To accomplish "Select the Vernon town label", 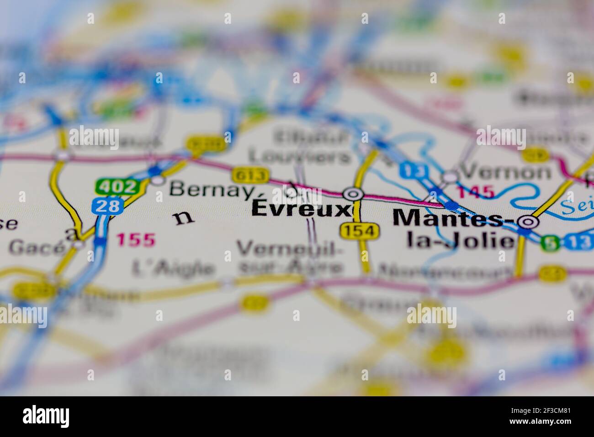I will (x=506, y=172).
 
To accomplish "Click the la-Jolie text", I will (x=461, y=241).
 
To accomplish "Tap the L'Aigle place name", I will (x=173, y=269).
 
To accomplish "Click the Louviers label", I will (x=301, y=156).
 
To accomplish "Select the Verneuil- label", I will (x=290, y=249).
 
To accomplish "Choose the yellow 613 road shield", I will (x=249, y=175).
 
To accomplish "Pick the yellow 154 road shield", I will (x=360, y=231).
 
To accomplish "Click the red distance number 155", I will (x=136, y=240).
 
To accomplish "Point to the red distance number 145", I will (x=476, y=192).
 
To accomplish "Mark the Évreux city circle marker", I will (x=353, y=194).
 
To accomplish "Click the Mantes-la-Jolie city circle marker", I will (x=529, y=222).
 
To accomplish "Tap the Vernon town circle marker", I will (x=450, y=176).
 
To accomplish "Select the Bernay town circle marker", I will (x=158, y=181).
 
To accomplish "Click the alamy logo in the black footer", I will (x=46, y=416).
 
